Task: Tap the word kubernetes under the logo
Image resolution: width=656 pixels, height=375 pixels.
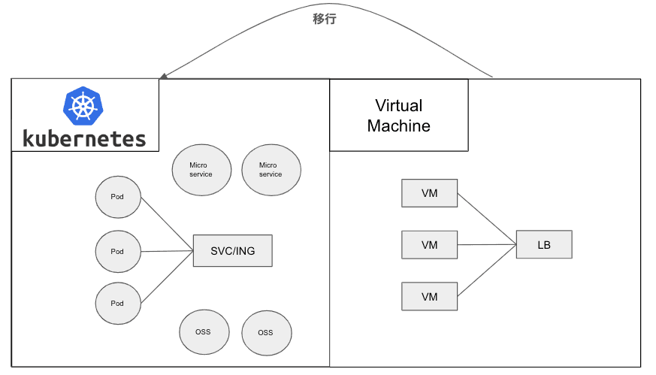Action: tap(84, 138)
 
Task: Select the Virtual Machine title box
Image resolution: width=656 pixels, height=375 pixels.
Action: tap(399, 116)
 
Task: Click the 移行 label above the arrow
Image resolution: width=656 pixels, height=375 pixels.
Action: tap(325, 20)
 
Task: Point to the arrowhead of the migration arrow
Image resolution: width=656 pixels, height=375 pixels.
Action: tap(163, 76)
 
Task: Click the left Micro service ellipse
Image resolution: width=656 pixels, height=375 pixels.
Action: tap(201, 170)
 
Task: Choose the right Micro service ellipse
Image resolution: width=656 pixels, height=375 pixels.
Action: tap(271, 170)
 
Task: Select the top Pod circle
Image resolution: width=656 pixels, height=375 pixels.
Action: tap(117, 198)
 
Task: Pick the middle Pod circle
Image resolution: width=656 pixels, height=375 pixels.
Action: tap(117, 252)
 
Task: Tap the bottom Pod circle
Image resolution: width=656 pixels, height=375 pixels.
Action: tap(117, 304)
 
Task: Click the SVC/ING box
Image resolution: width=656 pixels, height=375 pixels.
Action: tap(232, 251)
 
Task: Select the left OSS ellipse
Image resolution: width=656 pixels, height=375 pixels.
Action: tap(203, 332)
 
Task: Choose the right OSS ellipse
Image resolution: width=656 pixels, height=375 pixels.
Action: tap(266, 333)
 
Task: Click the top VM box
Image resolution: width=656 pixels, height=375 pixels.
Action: tap(430, 194)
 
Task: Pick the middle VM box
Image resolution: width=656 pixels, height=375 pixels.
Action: tap(430, 245)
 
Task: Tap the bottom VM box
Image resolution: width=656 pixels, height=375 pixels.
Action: tap(430, 297)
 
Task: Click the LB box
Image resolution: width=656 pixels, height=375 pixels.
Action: tap(544, 245)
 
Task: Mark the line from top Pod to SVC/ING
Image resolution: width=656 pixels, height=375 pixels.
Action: tap(167, 224)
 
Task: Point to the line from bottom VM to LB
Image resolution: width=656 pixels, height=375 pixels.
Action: tap(487, 271)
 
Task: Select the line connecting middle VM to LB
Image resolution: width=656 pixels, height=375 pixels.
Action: tap(487, 244)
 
